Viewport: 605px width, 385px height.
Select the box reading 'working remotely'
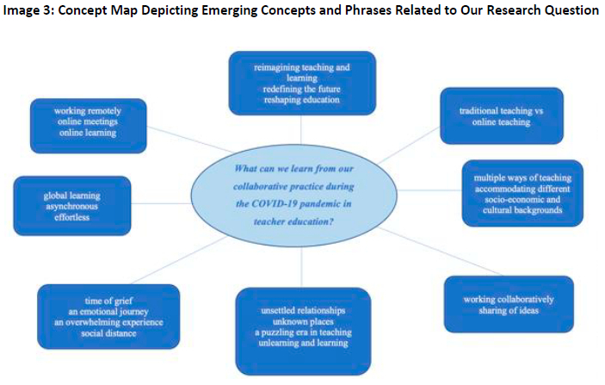coord(88,126)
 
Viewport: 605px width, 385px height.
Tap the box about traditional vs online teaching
coord(501,115)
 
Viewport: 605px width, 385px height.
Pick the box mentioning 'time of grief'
coord(108,315)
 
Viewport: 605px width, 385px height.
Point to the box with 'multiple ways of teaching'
coord(522,193)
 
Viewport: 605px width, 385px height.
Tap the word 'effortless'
coord(73,218)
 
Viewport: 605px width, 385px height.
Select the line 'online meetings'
coord(88,121)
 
